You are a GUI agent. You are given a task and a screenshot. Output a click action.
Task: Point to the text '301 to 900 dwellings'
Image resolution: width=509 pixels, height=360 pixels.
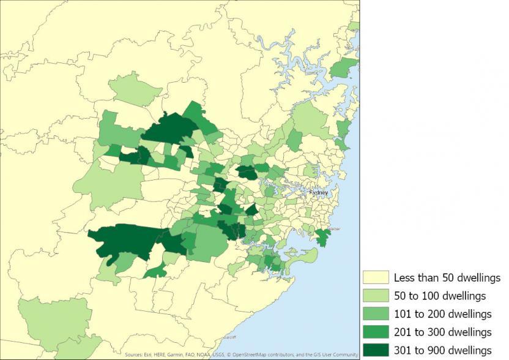coord(442,350)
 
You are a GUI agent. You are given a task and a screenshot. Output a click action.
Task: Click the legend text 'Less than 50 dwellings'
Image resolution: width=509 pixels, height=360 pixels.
coord(447,278)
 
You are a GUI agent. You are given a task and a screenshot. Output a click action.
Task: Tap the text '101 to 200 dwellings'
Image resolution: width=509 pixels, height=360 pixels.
coord(442,314)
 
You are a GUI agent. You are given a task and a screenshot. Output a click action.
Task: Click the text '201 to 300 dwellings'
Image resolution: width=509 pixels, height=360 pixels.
coord(442,332)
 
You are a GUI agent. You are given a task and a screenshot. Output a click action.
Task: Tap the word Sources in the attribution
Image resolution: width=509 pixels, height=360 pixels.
coord(133,355)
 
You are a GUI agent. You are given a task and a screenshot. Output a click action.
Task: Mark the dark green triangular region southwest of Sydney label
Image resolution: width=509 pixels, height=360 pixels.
coord(251,210)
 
